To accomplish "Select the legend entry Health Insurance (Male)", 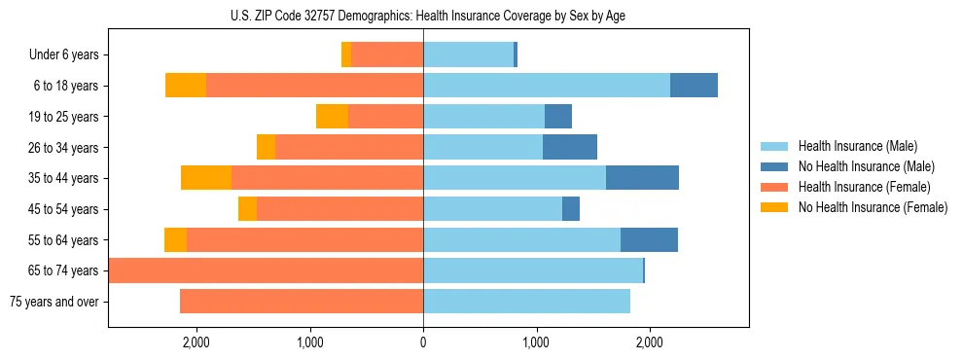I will (x=857, y=146).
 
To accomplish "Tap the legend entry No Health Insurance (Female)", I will (x=873, y=207).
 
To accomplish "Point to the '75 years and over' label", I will (x=53, y=302).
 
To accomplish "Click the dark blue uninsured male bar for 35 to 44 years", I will (x=642, y=178).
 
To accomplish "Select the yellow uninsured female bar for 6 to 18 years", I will (x=186, y=86).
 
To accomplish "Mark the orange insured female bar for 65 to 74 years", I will (x=266, y=270).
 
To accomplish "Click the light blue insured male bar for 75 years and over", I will (x=526, y=302).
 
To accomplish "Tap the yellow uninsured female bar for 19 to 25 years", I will (x=332, y=117).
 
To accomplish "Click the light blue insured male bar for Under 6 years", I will (x=468, y=55).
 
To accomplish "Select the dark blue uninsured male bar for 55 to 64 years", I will (x=649, y=239).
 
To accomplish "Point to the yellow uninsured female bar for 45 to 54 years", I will (x=247, y=209).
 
